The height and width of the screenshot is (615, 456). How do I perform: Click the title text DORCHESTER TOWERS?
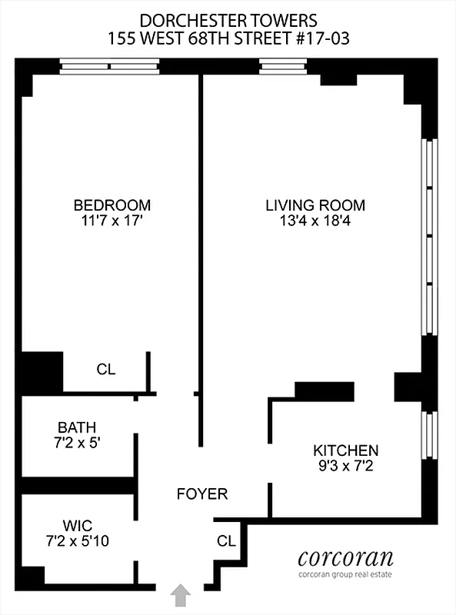point(228,19)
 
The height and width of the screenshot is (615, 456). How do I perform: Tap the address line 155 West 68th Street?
point(228,38)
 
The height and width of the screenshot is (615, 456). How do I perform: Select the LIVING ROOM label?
point(315,205)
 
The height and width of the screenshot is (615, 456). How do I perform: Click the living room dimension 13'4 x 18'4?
point(315,222)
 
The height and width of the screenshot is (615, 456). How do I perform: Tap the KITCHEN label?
point(345,450)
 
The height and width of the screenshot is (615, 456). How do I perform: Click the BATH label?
point(77,427)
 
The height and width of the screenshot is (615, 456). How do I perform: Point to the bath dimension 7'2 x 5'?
point(77,444)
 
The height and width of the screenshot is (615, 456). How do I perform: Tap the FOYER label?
point(201,494)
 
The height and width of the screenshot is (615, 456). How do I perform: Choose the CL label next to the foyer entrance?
point(225,540)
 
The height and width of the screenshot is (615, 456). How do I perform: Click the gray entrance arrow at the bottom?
point(181,595)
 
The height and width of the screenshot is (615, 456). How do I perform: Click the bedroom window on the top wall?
point(109,67)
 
